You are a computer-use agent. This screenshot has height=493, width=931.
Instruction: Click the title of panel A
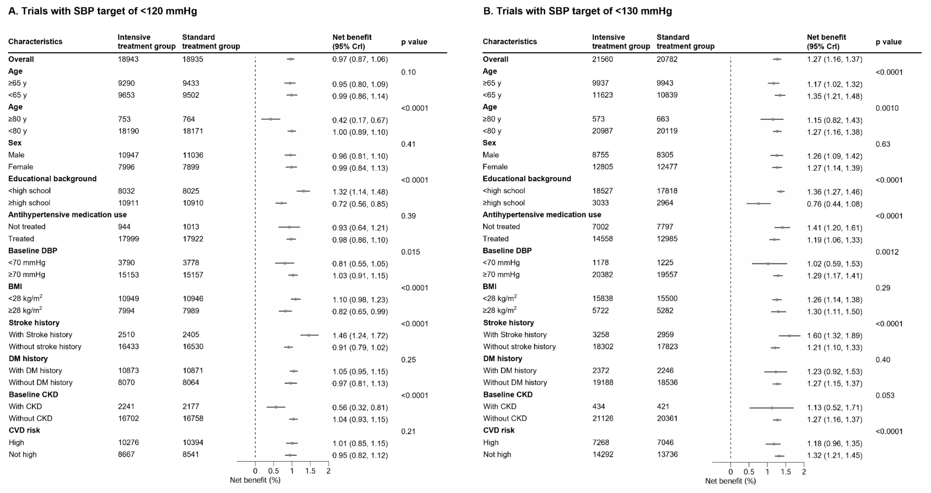point(103,11)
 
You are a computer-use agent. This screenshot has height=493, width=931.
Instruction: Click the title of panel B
point(578,11)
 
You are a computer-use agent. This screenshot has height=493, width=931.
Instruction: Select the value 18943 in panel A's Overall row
point(128,59)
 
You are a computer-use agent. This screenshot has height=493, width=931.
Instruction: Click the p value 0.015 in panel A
point(411,252)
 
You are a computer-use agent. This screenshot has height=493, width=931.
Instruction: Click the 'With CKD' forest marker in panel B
point(772,408)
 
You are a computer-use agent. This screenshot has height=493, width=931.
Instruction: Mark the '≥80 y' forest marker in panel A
point(270,119)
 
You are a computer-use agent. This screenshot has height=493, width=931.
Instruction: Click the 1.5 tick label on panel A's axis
point(310,471)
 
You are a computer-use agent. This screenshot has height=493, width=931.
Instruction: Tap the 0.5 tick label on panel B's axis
point(749,472)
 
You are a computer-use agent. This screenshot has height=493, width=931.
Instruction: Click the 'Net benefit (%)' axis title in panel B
point(730,481)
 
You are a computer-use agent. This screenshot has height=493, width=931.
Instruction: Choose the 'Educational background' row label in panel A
point(52,179)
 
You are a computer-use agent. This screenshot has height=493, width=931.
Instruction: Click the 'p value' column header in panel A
point(414,42)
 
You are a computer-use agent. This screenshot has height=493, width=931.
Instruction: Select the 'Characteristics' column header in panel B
point(510,42)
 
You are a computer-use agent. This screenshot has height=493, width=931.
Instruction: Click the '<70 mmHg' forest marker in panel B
point(768,264)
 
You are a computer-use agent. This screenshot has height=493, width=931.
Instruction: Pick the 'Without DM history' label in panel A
point(40,383)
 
